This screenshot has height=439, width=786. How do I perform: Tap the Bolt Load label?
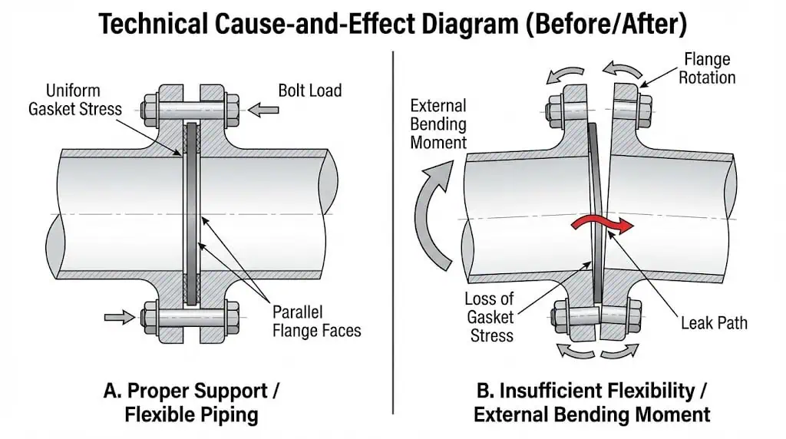[x=309, y=91]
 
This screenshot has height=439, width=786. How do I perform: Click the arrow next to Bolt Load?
[x=264, y=111]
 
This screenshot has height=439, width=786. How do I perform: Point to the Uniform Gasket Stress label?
[x=74, y=99]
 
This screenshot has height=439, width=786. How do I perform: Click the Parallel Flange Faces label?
[x=317, y=322]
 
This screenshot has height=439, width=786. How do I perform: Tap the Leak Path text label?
[x=714, y=323]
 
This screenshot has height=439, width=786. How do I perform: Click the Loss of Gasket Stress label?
[x=489, y=316]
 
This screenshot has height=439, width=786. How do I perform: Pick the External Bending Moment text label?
[x=438, y=124]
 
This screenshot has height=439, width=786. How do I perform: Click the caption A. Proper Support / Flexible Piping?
[x=191, y=402]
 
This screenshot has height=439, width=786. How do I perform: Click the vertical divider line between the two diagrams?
[x=393, y=230]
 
